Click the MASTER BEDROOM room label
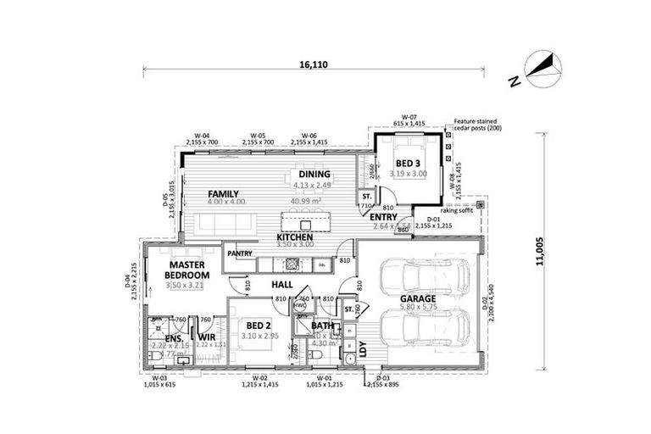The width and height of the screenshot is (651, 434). [x=186, y=270]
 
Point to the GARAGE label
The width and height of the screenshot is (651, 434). [x=418, y=299]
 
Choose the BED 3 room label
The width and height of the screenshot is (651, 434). [x=408, y=163]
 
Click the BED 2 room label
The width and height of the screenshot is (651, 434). [x=259, y=325]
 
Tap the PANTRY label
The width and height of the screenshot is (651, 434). [x=240, y=253]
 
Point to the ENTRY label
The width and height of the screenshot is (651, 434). [x=384, y=217]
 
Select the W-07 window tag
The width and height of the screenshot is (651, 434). [x=409, y=118]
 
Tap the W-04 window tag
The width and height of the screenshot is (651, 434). [x=202, y=136]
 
